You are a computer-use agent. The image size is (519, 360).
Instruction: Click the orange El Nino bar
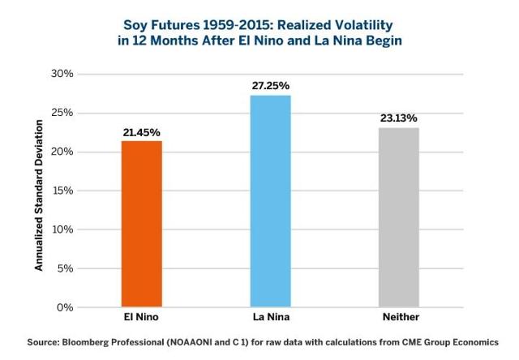click(x=142, y=224)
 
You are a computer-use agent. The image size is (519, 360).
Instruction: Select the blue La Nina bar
click(x=271, y=201)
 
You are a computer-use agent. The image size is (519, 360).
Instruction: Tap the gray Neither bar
click(x=399, y=217)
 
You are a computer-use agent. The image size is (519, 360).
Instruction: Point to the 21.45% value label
click(x=142, y=131)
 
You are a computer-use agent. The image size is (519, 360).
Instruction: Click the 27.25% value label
click(x=271, y=85)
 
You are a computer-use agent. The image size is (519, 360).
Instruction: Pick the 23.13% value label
click(x=399, y=118)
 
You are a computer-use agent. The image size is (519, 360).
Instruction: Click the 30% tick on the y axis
click(x=62, y=74)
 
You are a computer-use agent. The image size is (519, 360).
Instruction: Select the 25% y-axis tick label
click(x=62, y=113)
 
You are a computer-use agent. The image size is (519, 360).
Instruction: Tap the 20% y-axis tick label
click(x=62, y=152)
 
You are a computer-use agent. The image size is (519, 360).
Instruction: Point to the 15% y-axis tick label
click(x=62, y=191)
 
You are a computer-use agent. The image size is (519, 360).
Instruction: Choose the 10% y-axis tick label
click(x=62, y=229)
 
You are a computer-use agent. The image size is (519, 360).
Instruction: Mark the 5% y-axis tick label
click(x=65, y=268)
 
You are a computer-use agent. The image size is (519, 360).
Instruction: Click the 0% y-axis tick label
click(x=65, y=307)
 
